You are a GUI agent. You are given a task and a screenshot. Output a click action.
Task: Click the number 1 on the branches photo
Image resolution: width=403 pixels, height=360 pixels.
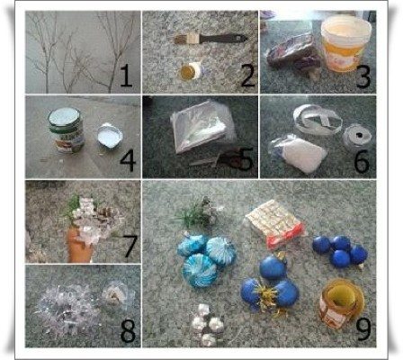(126, 76)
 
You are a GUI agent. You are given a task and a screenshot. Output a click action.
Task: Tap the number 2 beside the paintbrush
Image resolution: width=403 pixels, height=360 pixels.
(247, 76)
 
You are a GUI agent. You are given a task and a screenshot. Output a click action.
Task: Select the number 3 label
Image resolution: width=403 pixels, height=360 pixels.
(363, 76)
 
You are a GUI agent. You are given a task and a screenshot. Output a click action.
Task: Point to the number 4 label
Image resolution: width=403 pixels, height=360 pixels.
(128, 161)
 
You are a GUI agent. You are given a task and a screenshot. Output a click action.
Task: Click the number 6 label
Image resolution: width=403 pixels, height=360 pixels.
(362, 161)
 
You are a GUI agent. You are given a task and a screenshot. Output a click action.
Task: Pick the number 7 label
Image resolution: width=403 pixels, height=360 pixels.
(130, 246)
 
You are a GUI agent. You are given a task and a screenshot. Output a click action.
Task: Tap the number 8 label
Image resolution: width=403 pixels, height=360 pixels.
(128, 331)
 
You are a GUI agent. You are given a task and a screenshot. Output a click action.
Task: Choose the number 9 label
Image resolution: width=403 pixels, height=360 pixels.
(363, 328)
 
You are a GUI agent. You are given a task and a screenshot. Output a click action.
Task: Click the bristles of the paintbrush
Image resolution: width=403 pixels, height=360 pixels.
(183, 39)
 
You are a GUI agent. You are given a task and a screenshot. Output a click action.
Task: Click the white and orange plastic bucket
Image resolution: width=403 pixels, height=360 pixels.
(345, 43)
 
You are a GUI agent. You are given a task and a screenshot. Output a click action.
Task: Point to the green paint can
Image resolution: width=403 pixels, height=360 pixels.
(66, 130)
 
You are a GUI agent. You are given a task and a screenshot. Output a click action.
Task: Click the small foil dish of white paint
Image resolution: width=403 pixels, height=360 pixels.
(110, 136)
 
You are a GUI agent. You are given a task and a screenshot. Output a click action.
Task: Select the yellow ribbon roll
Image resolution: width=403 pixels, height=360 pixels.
(341, 302)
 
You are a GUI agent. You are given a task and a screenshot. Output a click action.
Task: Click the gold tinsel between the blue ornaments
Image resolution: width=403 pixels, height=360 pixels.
(266, 298)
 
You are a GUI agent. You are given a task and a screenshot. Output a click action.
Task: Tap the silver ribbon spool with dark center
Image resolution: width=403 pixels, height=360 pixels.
(357, 138)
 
